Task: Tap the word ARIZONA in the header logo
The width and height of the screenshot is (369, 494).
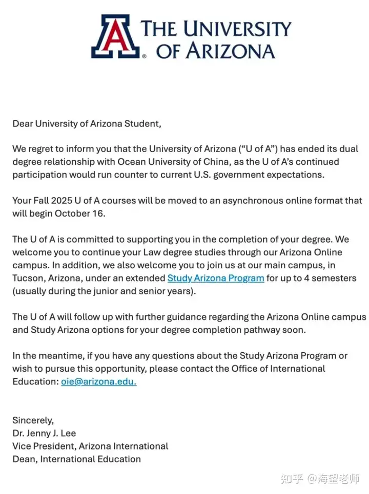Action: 233,51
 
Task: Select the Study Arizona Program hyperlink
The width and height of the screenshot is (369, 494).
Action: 216,278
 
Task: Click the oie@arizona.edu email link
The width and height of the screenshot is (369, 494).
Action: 99,382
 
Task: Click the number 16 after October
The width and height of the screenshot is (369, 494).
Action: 99,213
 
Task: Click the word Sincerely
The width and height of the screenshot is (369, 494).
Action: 33,420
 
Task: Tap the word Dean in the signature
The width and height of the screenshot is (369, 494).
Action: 24,459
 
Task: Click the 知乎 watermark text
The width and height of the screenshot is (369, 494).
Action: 293,479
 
